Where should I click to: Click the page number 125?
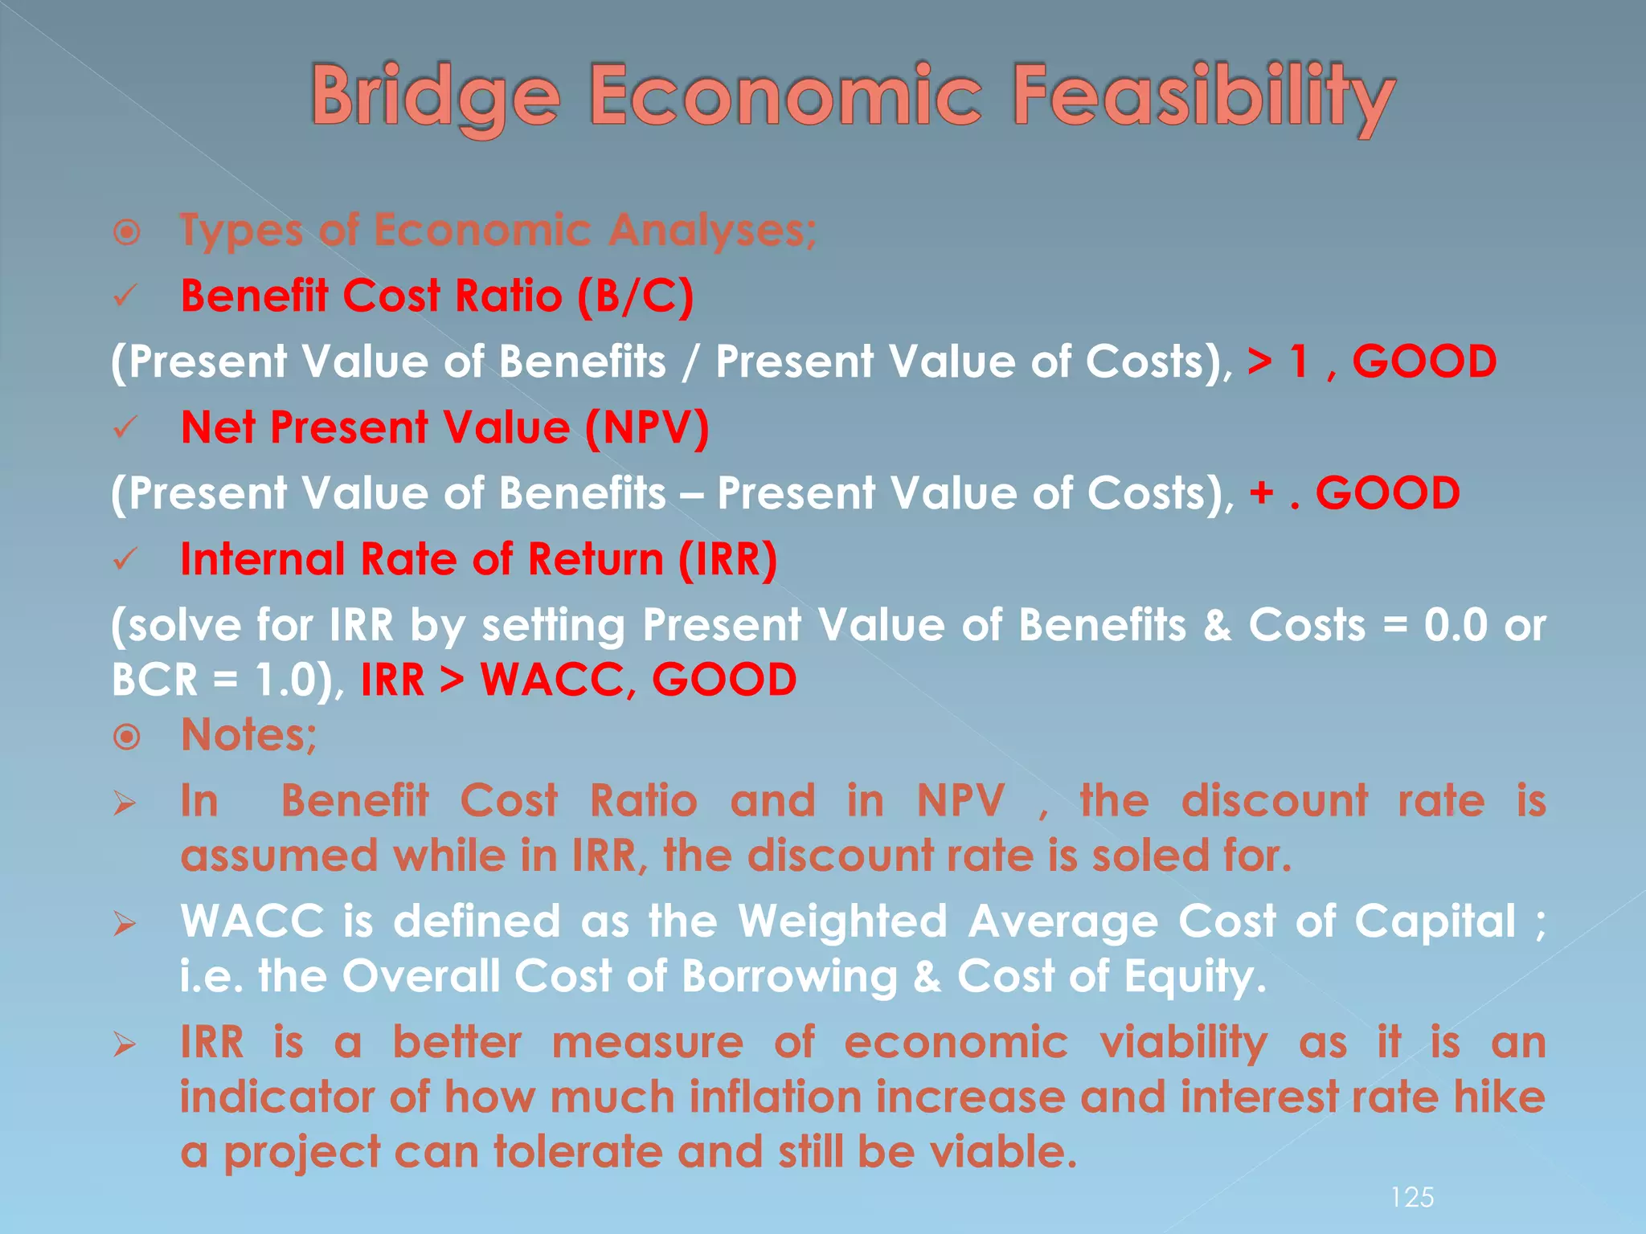(1412, 1198)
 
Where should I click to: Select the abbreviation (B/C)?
(635, 296)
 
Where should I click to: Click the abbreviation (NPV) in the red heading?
(647, 427)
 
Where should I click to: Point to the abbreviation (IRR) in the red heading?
(727, 559)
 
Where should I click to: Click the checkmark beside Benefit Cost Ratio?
(126, 296)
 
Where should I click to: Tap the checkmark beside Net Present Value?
(126, 428)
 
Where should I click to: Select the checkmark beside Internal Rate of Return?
(126, 560)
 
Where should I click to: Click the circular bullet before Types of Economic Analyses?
(127, 234)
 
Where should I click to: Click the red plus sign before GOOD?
(1263, 493)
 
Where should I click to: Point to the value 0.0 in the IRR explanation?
(1456, 626)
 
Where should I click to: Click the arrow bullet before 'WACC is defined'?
(125, 924)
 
